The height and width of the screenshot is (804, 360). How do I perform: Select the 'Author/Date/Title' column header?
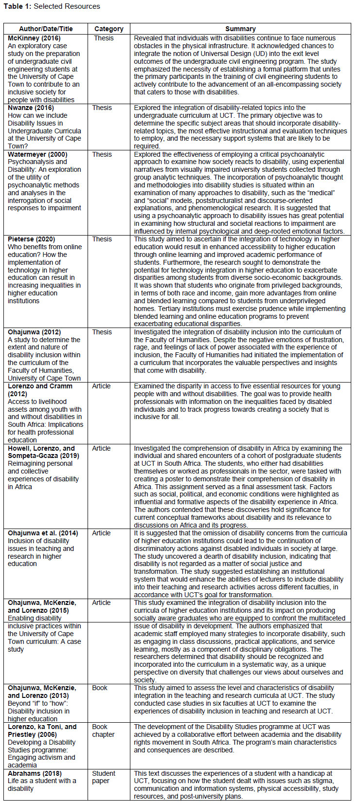tap(46, 29)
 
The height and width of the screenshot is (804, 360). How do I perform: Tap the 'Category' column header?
tap(108, 29)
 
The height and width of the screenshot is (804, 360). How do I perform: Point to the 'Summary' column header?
tap(240, 29)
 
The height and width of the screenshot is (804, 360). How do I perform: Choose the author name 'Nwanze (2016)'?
tap(30, 108)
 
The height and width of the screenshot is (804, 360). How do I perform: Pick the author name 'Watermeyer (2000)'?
tap(37, 154)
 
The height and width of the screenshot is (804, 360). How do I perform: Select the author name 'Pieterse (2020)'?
tap(31, 239)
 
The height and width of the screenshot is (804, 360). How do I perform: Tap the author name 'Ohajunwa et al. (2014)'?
tap(42, 533)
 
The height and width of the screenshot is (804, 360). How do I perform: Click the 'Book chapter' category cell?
tap(103, 731)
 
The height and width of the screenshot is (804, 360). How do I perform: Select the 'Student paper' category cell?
tap(104, 777)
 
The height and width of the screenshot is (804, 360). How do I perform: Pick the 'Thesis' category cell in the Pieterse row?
tap(102, 239)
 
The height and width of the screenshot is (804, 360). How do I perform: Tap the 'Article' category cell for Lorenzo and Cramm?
tap(101, 386)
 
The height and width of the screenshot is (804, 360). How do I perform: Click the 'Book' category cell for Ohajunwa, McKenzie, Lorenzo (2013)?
tap(100, 688)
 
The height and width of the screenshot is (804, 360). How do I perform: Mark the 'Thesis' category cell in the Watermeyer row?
tap(102, 154)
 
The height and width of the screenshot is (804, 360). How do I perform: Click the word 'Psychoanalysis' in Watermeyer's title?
tap(31, 162)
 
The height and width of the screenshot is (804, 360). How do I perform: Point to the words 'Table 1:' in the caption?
tap(17, 6)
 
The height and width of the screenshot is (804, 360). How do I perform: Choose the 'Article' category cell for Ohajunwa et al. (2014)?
tap(101, 533)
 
